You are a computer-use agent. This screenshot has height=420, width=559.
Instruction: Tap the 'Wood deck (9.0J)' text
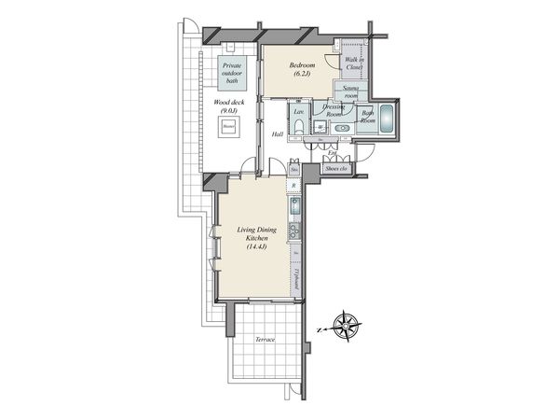pyautogui.click(x=227, y=107)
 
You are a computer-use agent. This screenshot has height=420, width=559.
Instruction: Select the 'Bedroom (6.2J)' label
pyautogui.click(x=301, y=69)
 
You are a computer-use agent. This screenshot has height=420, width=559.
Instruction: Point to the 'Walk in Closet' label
pyautogui.click(x=353, y=63)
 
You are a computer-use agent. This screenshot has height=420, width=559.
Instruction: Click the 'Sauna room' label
pyautogui.click(x=351, y=92)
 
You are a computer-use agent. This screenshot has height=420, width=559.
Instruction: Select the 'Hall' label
pyautogui.click(x=277, y=134)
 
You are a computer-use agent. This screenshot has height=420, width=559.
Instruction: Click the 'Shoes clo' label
pyautogui.click(x=335, y=168)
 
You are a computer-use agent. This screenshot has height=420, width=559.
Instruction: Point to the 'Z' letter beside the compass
pyautogui.click(x=320, y=329)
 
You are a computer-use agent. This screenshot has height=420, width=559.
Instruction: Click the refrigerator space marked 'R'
pyautogui.click(x=294, y=187)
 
